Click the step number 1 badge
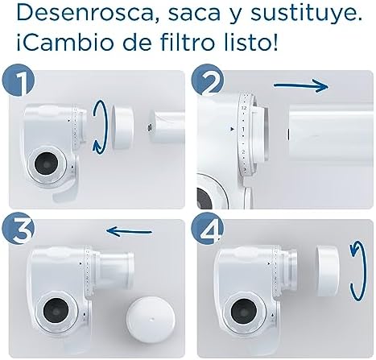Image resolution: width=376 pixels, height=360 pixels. pos(19,80)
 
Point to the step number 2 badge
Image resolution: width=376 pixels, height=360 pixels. pos(208,80)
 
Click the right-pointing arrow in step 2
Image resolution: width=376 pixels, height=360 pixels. pos(301,86)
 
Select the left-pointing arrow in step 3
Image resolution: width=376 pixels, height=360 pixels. pos(129,231)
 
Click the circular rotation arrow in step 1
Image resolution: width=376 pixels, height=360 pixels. pos(98,127)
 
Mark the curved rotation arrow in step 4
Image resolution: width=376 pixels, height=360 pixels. pos(358,272)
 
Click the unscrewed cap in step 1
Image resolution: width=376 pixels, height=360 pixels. pos(122,127)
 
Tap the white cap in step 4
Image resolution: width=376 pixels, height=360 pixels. pos(327,271)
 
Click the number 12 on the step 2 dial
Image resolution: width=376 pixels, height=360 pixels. pos(244,108)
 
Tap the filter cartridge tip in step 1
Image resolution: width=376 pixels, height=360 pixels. pos(149,127)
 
